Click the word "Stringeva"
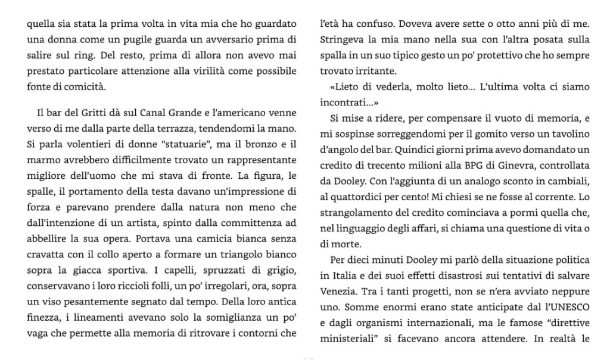tap(340, 40)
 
